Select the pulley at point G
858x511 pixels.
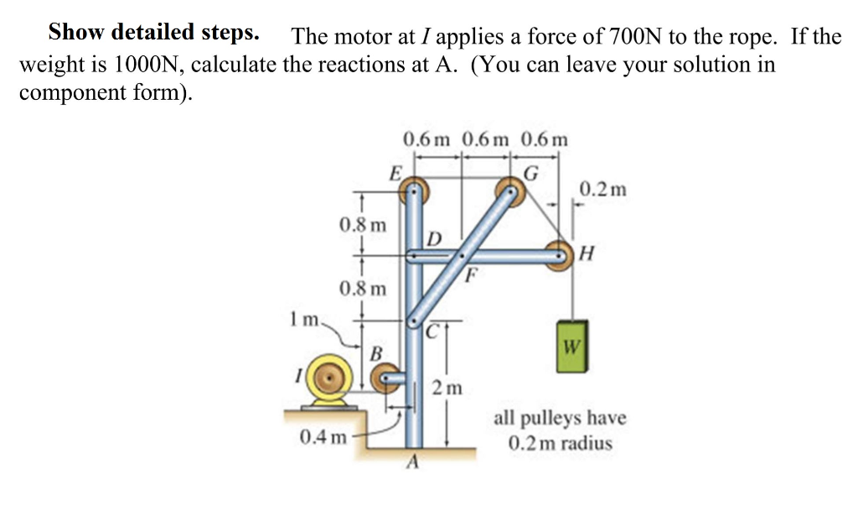(x=510, y=190)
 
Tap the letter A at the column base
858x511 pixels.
(x=412, y=461)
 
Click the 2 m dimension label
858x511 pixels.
(x=447, y=388)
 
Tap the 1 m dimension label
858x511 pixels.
(x=303, y=320)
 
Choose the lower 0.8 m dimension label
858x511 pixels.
(x=363, y=289)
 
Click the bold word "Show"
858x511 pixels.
(x=78, y=33)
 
